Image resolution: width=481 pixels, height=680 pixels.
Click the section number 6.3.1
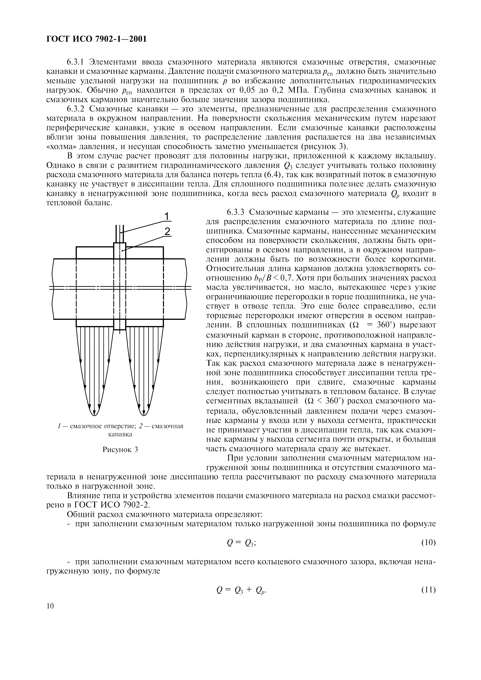(x=76, y=62)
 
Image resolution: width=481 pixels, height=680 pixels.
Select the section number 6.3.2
(x=76, y=109)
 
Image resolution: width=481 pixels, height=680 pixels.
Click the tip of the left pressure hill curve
(x=94, y=416)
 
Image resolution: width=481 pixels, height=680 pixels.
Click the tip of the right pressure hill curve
(x=144, y=416)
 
